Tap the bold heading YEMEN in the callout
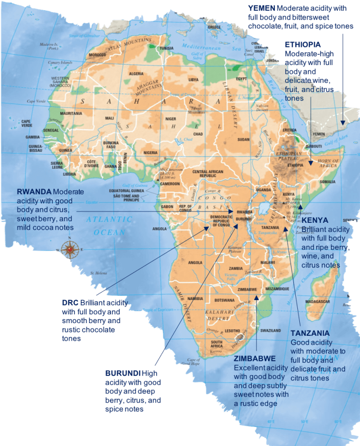pos(262,8)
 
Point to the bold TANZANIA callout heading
pos(310,333)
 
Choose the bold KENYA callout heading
pos(315,221)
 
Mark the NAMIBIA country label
pos(195,298)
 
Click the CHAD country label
pos(198,134)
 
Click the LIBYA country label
pos(193,79)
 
